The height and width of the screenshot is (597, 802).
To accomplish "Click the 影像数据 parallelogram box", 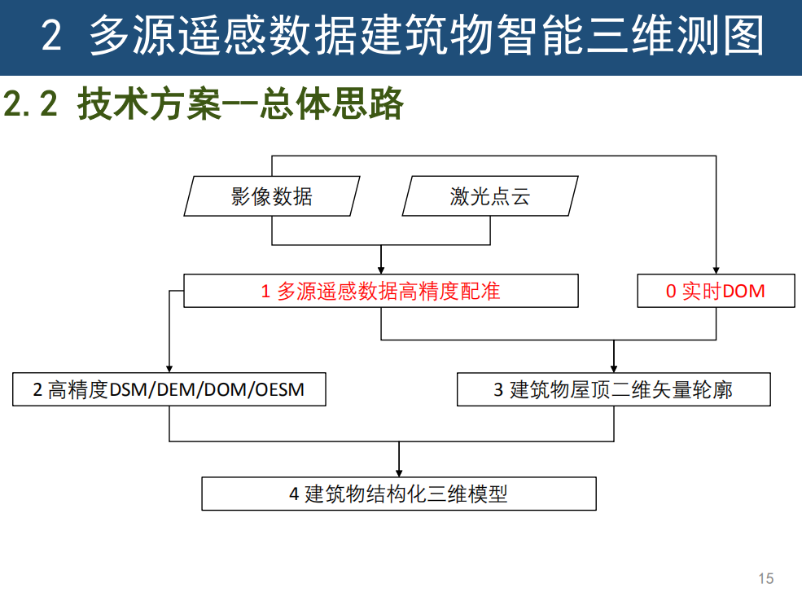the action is coord(271,196).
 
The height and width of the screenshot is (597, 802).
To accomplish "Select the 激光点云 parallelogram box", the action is coord(490,196).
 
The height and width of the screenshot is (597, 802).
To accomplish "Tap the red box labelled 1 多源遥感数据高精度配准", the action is coord(381,291).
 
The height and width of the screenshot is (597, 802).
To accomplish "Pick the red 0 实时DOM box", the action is coord(716,291).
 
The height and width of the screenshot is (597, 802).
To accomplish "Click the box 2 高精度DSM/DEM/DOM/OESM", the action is coord(169,389).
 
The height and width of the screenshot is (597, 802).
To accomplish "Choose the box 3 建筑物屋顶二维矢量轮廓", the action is coord(614,389).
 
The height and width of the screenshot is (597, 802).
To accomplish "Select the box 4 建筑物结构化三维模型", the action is coord(399,494).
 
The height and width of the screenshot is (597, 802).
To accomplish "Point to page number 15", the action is coord(765,578).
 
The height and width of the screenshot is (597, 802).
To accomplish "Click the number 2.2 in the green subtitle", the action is coord(31,104).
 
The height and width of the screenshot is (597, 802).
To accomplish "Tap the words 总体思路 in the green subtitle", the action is coord(332,104).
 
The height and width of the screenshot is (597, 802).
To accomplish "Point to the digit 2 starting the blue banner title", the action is coord(51,37).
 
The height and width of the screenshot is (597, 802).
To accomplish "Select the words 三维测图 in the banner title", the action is coord(693,37).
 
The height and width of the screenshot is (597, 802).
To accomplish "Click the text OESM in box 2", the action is coord(279,389).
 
